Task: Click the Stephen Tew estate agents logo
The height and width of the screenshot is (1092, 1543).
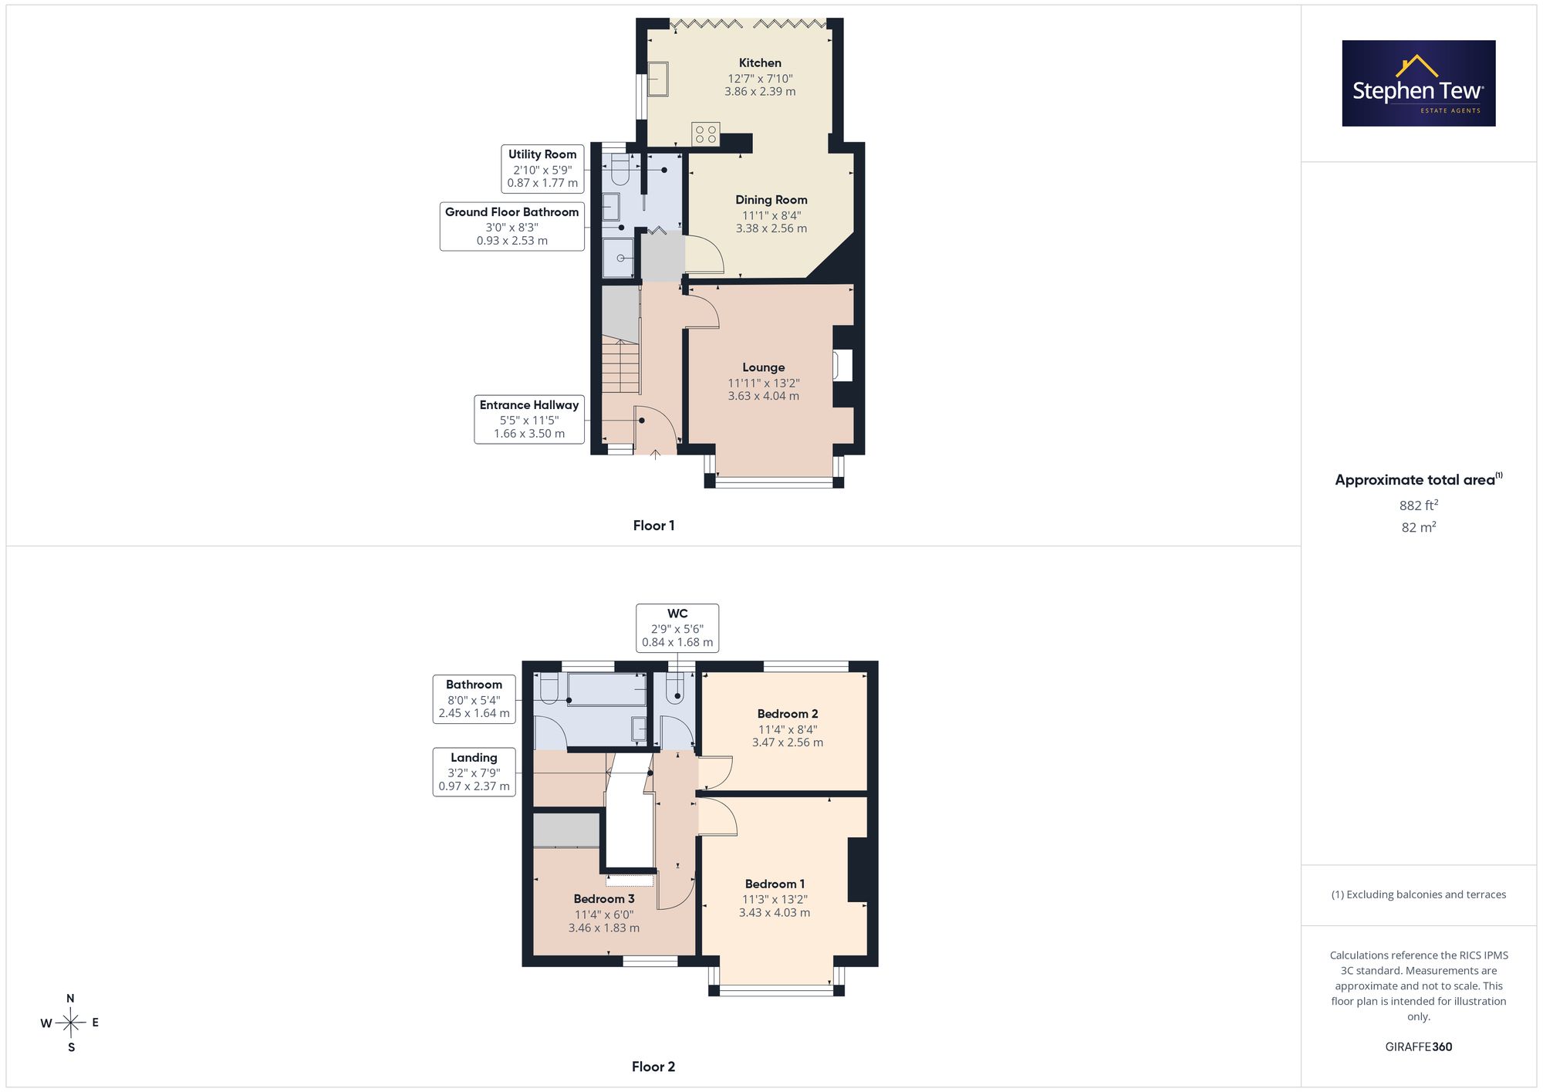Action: (1419, 83)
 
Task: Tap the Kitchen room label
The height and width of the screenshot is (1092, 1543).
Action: (760, 63)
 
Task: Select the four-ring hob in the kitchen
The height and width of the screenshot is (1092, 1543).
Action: (706, 134)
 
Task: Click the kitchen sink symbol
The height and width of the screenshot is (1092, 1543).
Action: (657, 79)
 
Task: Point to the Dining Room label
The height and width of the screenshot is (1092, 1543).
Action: (771, 200)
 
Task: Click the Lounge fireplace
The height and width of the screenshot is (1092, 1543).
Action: (843, 366)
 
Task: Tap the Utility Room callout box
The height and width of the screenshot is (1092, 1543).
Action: (542, 168)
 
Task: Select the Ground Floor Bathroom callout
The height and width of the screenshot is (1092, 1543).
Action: (512, 226)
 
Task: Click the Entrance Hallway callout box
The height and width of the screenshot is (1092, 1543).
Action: (529, 419)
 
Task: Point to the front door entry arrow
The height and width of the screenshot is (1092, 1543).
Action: (655, 454)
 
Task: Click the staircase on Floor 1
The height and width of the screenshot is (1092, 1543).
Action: (621, 367)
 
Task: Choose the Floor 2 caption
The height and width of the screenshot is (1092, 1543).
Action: (653, 1067)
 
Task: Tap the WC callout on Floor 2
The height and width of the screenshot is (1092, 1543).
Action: (677, 628)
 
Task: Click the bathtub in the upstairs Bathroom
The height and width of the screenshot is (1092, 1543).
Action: (607, 689)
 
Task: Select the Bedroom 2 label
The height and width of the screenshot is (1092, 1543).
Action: (788, 714)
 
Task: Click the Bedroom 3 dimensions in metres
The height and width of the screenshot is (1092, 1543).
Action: (604, 928)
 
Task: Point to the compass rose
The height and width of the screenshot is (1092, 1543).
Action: (70, 1023)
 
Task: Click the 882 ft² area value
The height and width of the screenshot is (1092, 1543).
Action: (1419, 505)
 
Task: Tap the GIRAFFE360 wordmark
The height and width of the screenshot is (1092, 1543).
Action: (1419, 1047)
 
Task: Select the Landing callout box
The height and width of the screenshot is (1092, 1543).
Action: (474, 772)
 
